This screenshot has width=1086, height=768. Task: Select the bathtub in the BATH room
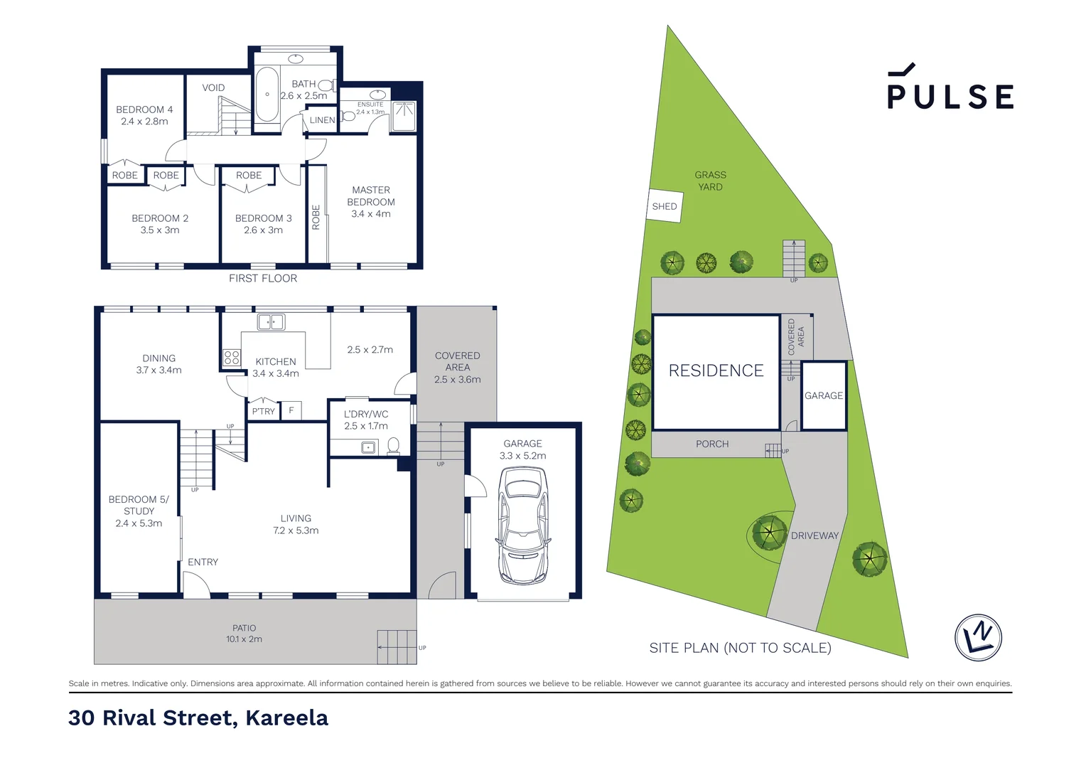point(267,95)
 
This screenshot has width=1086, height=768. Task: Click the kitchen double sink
point(271,322)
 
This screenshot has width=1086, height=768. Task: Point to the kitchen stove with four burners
point(232,358)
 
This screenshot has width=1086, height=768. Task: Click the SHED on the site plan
point(665,206)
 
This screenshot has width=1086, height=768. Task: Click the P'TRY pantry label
point(263,411)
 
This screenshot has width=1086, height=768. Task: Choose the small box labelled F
point(291,410)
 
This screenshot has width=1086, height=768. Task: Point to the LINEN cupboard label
point(322,120)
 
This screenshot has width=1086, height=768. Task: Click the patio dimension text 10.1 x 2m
point(244,639)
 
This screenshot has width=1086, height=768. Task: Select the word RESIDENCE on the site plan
point(716,370)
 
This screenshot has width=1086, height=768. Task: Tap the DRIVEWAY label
point(814,535)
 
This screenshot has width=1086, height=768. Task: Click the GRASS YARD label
point(710,181)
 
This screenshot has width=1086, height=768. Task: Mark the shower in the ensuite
point(404,117)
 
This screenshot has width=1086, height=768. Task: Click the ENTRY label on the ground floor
point(203,562)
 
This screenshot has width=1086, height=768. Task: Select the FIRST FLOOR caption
point(263,278)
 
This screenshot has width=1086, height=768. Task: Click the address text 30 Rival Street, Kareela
point(198,718)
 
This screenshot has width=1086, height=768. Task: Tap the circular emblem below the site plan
point(978,637)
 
